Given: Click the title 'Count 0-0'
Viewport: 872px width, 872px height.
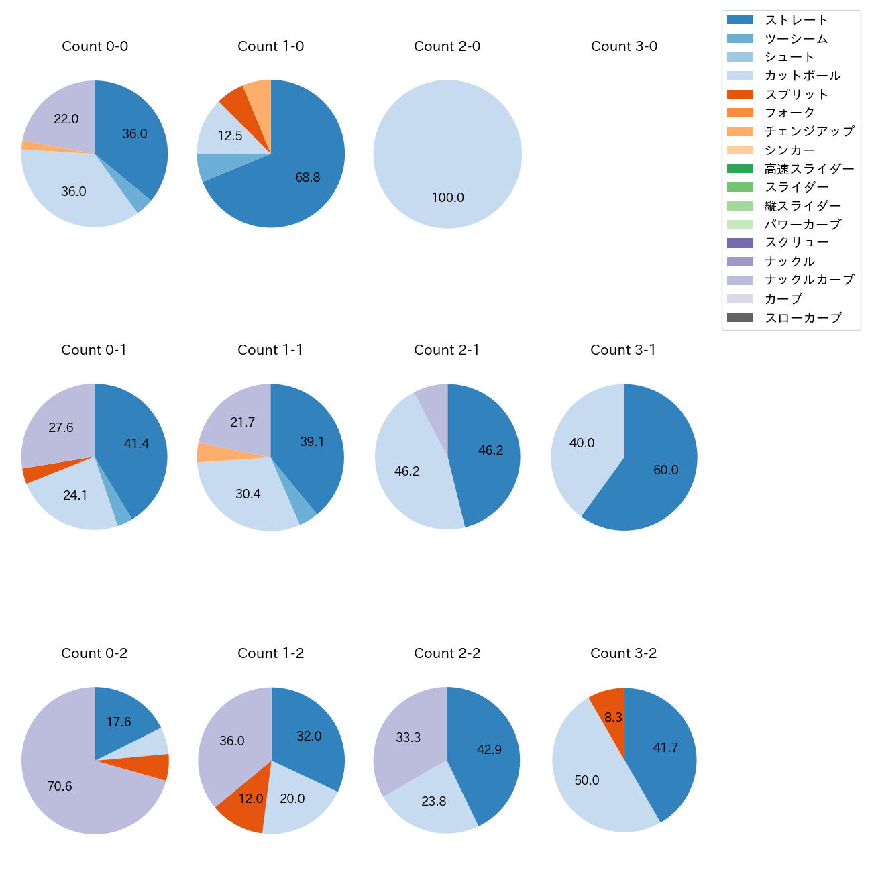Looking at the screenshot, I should click(95, 46).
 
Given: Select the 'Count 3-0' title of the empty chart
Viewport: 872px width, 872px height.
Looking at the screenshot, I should click(624, 46).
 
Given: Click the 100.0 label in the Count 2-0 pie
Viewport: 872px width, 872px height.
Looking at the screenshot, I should click(447, 198).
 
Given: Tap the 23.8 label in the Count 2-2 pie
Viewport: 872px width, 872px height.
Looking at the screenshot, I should click(434, 802).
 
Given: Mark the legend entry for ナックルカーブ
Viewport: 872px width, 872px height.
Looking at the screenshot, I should click(809, 280).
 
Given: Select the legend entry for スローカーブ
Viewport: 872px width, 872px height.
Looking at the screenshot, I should click(803, 317).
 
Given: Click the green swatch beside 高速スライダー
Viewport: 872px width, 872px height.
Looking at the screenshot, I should click(740, 169).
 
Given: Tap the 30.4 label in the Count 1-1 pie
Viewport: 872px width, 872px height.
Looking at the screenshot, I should click(248, 494).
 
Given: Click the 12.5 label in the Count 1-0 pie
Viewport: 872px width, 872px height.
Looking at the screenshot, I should click(230, 136).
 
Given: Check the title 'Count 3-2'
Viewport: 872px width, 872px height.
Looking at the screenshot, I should click(623, 653).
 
